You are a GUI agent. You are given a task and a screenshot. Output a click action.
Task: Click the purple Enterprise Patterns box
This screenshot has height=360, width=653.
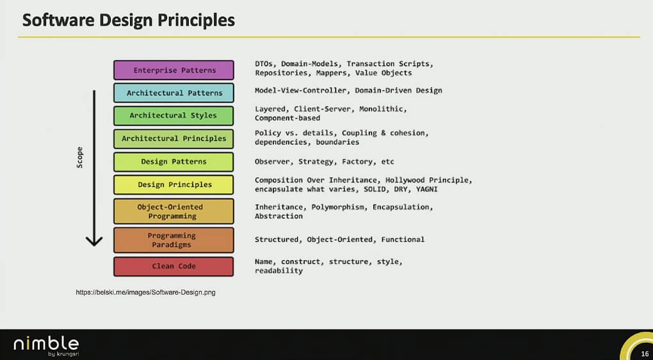[x=173, y=70]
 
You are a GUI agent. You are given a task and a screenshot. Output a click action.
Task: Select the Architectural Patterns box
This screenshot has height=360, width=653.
[x=173, y=93]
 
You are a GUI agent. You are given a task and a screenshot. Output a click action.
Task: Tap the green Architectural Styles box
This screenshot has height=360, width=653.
[x=173, y=115]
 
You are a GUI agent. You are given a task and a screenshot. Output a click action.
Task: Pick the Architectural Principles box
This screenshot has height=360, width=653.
[x=173, y=139]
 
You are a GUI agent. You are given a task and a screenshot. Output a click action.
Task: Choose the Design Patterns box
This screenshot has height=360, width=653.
[x=173, y=161]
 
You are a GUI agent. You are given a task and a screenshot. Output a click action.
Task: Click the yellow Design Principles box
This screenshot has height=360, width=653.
[x=173, y=184]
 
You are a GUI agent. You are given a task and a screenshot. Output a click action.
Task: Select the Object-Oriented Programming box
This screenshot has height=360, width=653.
[x=173, y=211]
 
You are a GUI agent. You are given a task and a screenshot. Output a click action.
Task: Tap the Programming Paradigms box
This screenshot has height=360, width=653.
[x=173, y=240]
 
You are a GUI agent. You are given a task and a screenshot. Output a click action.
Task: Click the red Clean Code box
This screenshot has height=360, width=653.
[x=173, y=266]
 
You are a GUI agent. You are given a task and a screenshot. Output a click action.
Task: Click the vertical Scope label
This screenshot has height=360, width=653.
[x=79, y=158]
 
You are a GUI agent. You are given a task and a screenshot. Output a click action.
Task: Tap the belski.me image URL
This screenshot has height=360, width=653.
[x=145, y=293]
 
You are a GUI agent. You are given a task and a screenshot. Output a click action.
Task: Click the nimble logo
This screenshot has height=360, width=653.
[x=46, y=345]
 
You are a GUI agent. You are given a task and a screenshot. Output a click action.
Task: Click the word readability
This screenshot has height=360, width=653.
[x=278, y=271]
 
